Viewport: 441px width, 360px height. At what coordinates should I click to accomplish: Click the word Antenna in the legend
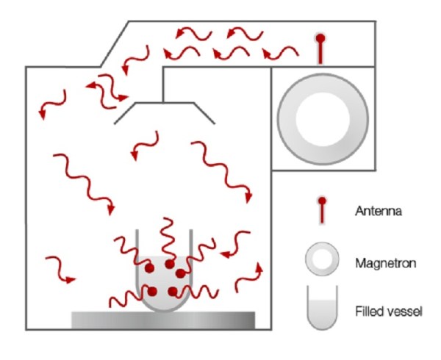378,211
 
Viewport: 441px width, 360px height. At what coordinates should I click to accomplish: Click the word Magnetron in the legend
385,263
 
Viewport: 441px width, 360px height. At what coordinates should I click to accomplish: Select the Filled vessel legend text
389,312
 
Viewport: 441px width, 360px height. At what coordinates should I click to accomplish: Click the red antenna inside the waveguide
320,48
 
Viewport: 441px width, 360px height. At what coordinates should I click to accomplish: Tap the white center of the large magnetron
323,119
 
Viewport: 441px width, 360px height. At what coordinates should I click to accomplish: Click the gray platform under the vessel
163,320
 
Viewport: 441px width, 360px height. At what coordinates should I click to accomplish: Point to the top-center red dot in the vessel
170,264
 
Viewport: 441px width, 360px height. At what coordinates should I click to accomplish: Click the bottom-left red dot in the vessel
152,292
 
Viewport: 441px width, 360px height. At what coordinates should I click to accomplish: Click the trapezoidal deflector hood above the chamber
165,103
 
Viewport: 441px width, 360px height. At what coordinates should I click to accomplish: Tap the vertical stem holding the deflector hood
163,84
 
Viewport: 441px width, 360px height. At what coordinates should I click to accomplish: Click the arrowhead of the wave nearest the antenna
266,53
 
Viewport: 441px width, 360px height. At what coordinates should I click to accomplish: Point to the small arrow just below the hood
145,146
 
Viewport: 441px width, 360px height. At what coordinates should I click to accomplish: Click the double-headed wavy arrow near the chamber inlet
107,91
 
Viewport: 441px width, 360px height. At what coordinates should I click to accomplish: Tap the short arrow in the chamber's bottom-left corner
61,269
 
